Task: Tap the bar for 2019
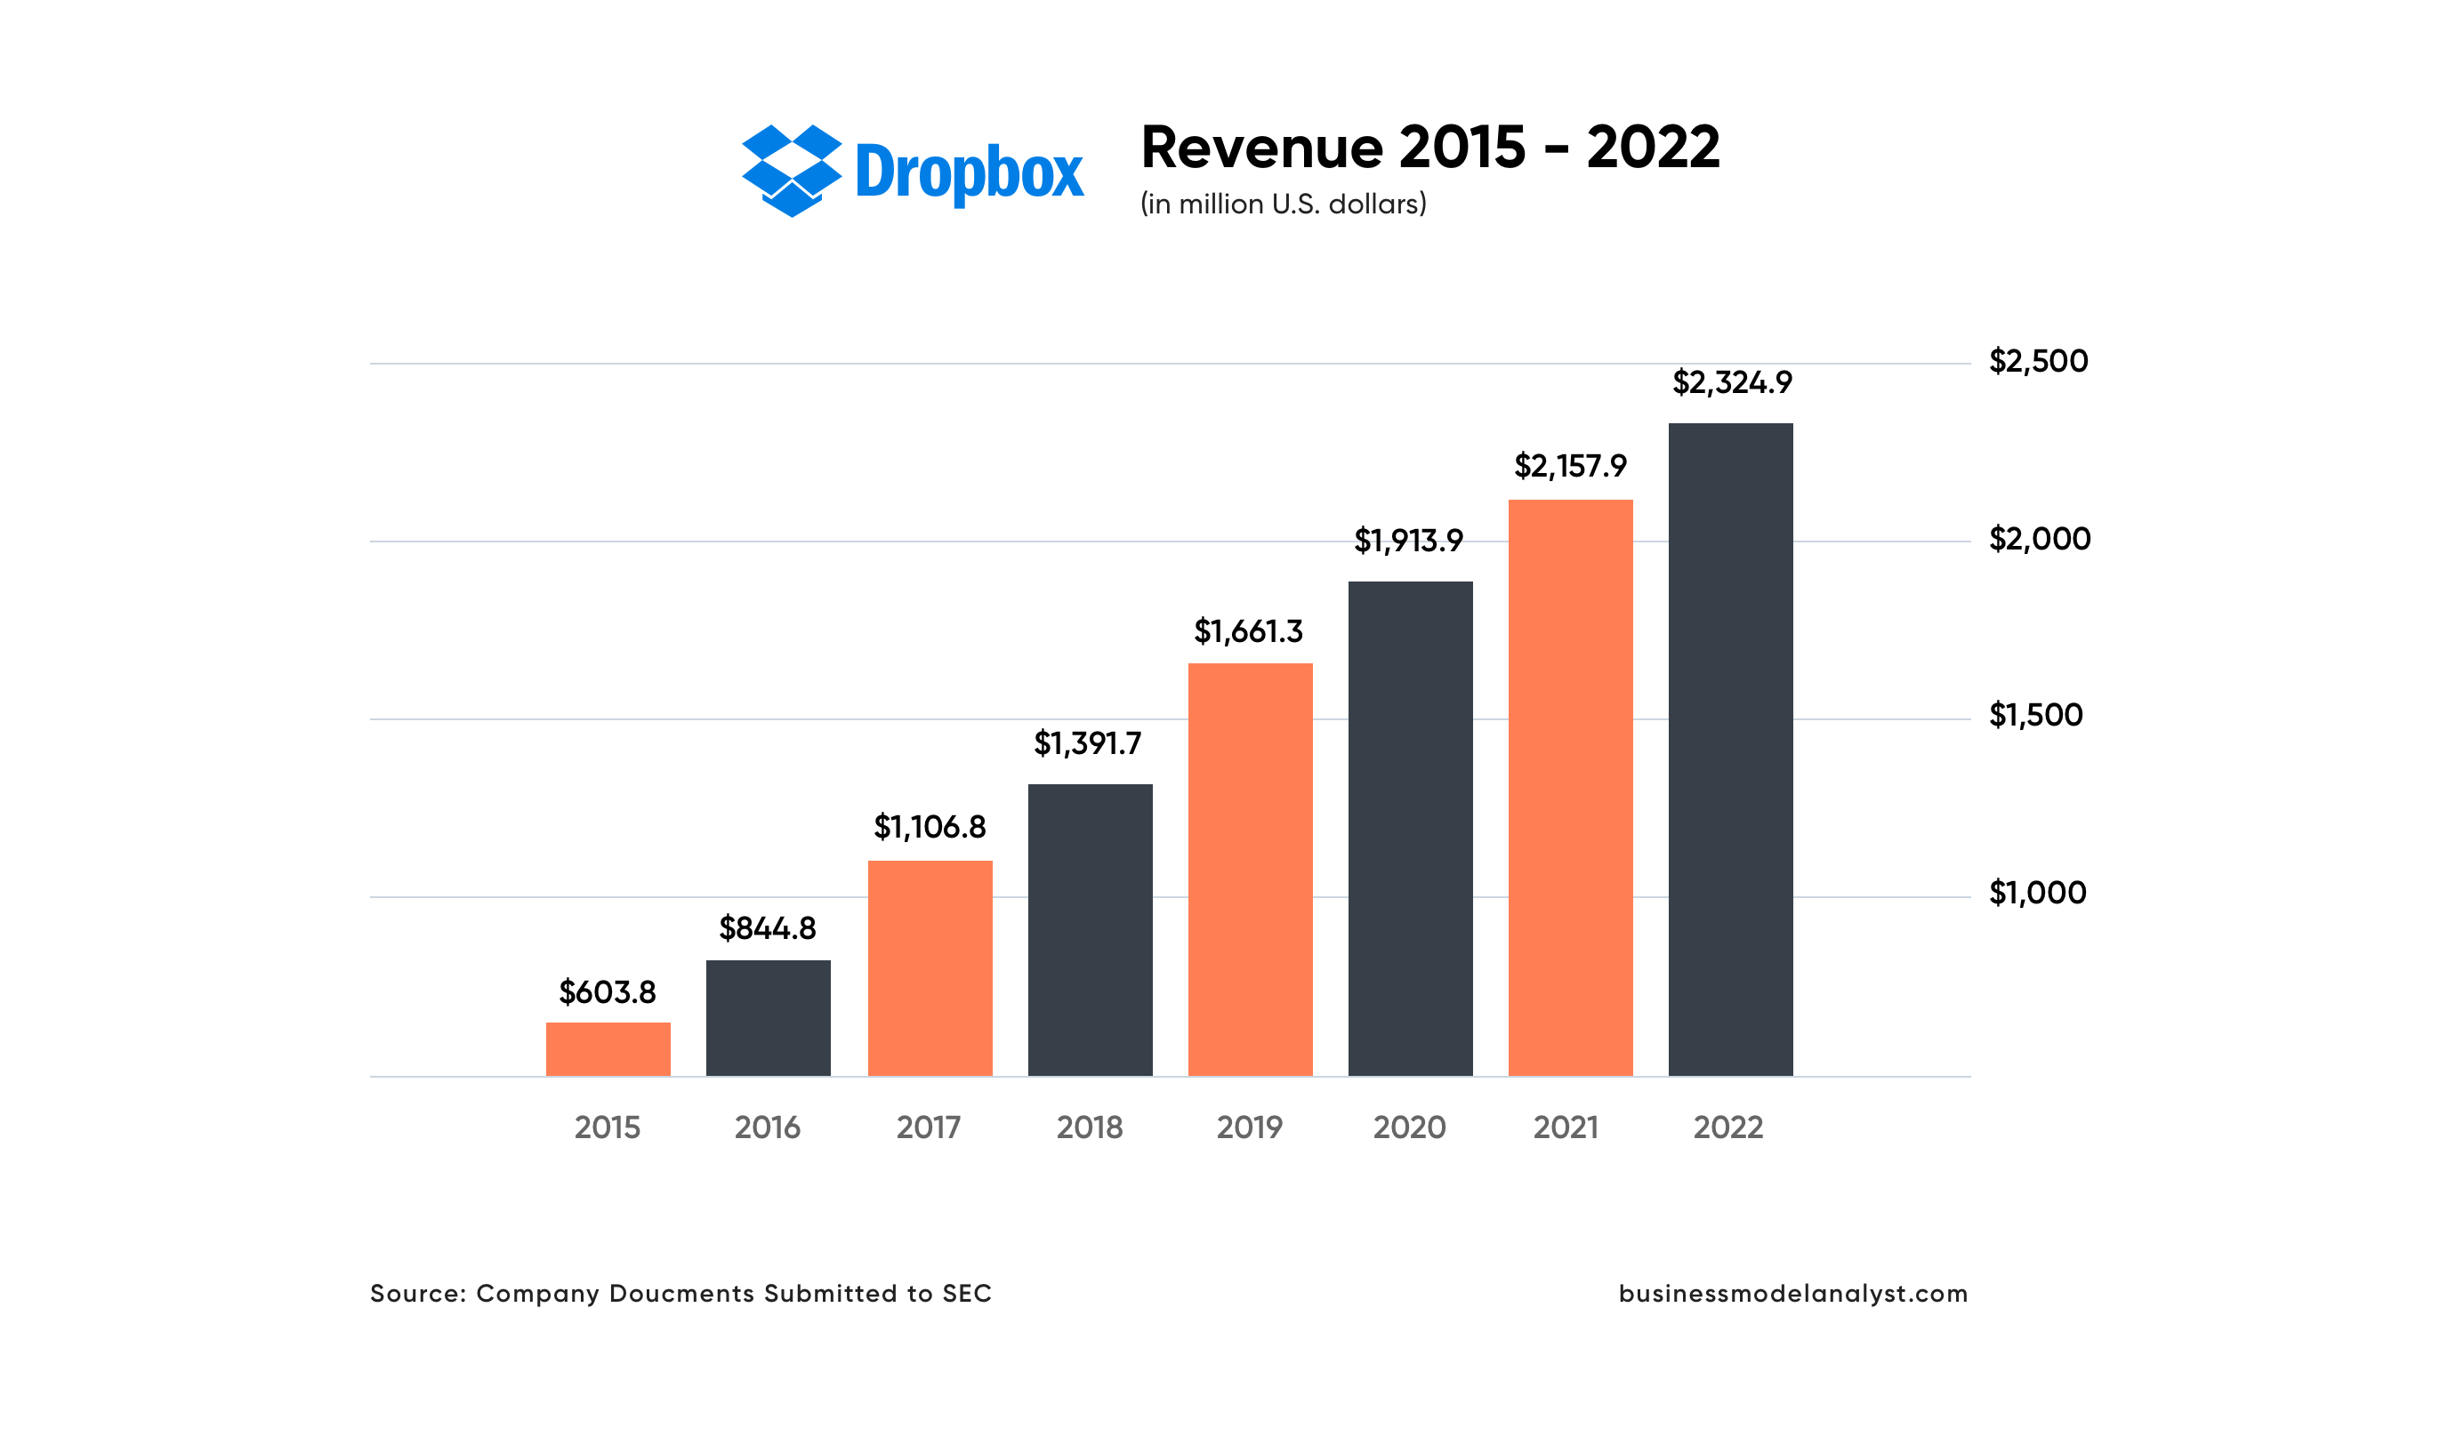click(1250, 870)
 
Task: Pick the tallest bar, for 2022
click(1731, 750)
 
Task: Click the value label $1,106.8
click(930, 827)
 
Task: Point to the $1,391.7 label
click(1088, 744)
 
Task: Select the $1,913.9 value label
click(1409, 541)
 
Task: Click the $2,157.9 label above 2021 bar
click(1570, 466)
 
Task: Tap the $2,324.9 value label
click(1732, 382)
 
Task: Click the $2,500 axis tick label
click(2039, 362)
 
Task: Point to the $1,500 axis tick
click(2036, 716)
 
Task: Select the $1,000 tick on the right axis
click(2038, 893)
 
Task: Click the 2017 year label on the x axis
click(929, 1128)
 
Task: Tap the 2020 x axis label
click(1409, 1128)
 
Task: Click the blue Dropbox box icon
click(792, 171)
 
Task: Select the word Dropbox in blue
click(969, 173)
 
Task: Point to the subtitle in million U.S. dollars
click(1283, 205)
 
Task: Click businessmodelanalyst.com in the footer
click(1793, 1294)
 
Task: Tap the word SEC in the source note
click(967, 1294)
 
